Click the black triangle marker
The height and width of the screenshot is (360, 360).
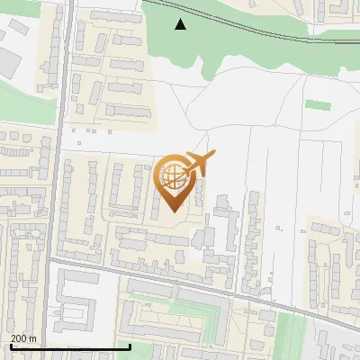(x=181, y=24)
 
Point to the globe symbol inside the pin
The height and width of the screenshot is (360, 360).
(x=172, y=175)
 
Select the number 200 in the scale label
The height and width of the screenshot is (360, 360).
(x=18, y=338)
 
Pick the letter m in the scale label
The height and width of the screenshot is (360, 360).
(x=32, y=338)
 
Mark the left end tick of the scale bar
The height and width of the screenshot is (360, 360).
(x=10, y=346)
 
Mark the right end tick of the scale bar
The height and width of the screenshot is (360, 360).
(x=130, y=346)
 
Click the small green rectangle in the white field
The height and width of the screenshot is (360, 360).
(x=316, y=104)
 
